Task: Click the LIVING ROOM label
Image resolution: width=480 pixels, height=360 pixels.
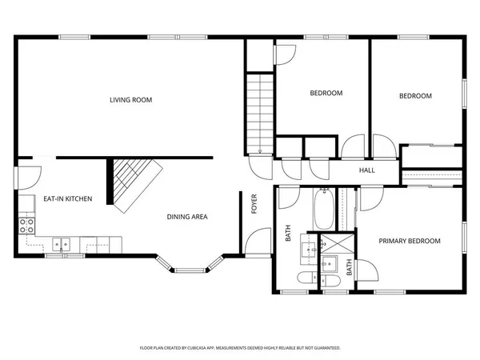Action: [131, 100]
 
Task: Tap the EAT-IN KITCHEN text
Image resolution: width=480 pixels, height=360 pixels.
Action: [67, 198]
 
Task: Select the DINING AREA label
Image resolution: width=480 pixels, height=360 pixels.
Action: [187, 217]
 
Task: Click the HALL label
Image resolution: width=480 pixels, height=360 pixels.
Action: [366, 170]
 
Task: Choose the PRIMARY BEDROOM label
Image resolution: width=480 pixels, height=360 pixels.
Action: [410, 241]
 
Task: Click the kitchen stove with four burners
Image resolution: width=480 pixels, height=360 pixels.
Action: [26, 225]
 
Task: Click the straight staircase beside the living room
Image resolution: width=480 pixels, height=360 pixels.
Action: [260, 112]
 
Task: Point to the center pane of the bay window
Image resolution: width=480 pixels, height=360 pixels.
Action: [187, 268]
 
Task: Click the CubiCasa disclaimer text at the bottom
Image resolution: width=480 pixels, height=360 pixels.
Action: [240, 348]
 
